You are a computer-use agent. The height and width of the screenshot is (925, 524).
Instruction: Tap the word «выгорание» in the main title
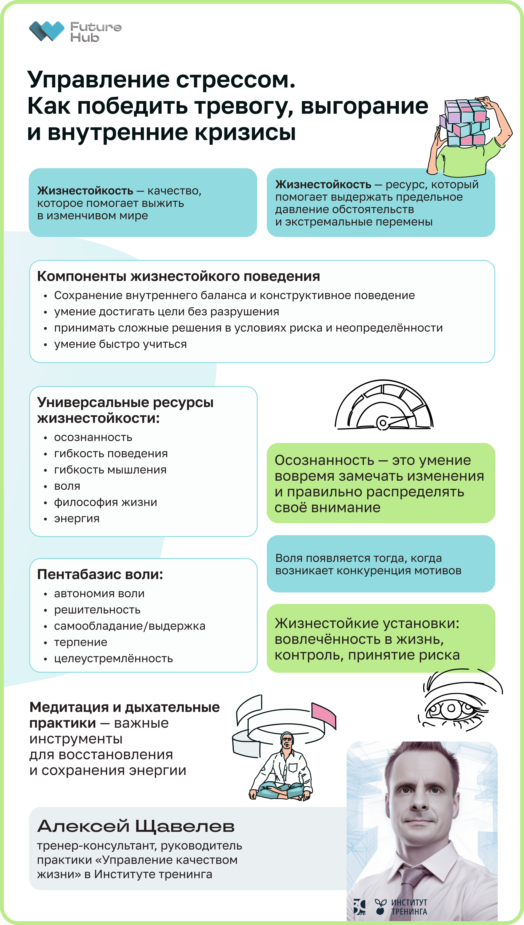coord(364,107)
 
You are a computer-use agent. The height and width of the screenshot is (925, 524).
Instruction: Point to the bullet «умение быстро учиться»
coord(120,344)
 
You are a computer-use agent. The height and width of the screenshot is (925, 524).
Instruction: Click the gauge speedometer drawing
coord(384,406)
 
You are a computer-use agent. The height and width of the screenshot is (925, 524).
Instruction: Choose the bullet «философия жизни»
coord(105,502)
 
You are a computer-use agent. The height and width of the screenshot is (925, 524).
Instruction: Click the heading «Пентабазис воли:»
coord(100,574)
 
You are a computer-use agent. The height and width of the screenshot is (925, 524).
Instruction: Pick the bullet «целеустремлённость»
coord(113,658)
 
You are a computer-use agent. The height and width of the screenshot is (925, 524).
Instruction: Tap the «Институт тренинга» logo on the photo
coord(401,907)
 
